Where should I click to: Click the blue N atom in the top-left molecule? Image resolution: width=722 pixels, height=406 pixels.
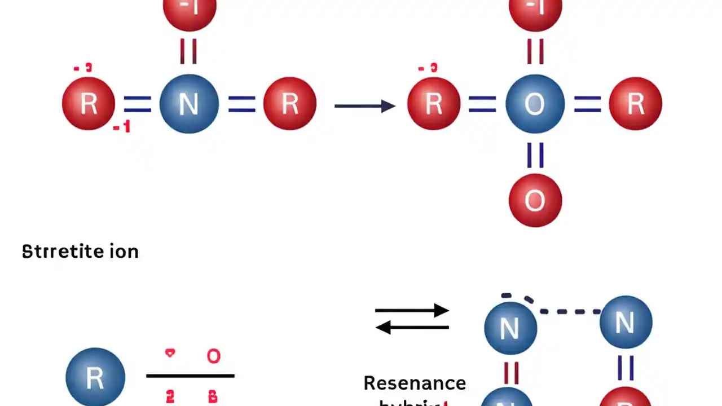[189, 104]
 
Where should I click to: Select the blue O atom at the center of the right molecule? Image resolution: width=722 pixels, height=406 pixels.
[535, 104]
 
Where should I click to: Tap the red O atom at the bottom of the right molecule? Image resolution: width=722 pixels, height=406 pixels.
[535, 200]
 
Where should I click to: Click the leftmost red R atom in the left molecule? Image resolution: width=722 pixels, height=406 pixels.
[89, 104]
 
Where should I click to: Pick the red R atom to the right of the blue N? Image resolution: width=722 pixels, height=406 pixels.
[290, 104]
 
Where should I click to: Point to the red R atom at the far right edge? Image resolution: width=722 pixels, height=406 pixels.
[636, 104]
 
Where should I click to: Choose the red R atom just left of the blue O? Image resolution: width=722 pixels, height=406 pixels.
[433, 104]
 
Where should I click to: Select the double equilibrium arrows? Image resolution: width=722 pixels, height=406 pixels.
[412, 319]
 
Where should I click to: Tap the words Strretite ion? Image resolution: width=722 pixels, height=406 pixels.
[80, 251]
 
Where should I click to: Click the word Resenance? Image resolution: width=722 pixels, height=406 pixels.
[415, 383]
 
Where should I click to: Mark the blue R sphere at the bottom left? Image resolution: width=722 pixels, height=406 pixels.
[95, 377]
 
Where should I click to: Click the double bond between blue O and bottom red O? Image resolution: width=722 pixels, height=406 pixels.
[535, 155]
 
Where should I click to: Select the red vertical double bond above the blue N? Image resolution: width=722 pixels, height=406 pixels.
[189, 51]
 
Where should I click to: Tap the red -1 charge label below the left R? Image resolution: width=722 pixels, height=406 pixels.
[122, 128]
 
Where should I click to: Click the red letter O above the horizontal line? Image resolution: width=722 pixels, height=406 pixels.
[213, 356]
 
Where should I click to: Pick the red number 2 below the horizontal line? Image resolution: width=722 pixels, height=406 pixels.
[170, 398]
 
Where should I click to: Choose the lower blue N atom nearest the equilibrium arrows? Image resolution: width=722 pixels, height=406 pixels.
[510, 328]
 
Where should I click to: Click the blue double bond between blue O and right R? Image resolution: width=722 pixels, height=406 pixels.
[587, 104]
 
